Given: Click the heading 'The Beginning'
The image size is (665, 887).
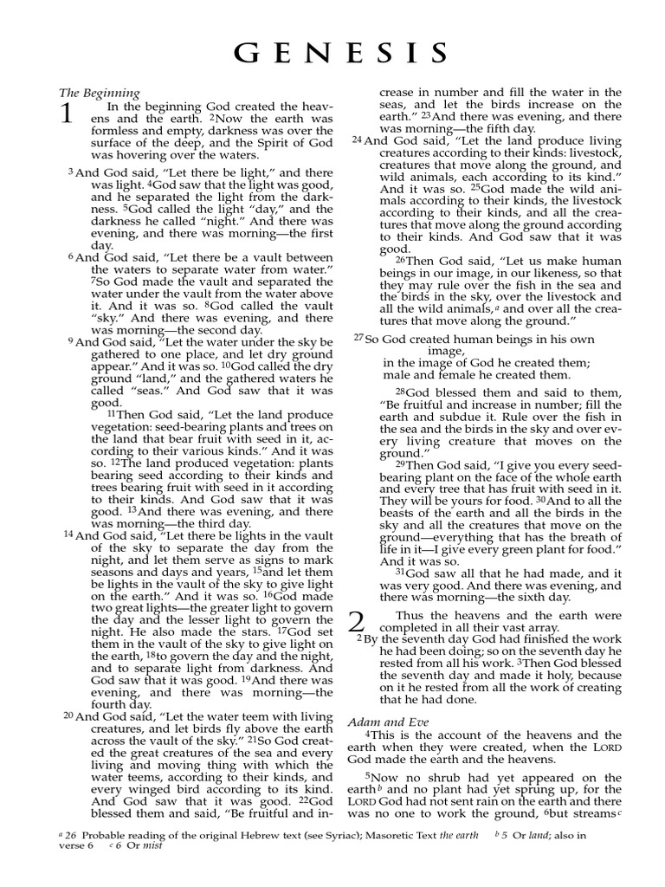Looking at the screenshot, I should tap(100, 93).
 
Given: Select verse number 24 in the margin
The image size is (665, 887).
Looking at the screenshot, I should tap(356, 139).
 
